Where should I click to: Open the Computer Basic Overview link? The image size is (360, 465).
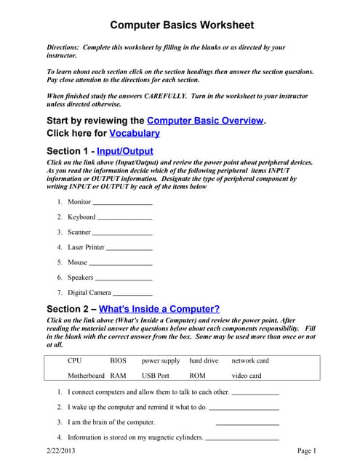205,121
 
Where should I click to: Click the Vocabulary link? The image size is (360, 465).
135,134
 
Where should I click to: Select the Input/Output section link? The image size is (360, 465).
124,151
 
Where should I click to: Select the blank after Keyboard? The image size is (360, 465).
124,218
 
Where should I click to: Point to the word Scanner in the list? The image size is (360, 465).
79,232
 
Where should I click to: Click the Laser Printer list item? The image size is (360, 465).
87,248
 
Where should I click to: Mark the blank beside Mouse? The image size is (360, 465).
121,263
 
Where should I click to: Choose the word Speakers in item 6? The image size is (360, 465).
81,278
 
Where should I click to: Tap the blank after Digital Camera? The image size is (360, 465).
132,293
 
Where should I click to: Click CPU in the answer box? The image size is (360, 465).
75,360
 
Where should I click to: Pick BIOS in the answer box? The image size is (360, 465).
118,360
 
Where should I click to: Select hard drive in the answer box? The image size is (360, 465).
204,360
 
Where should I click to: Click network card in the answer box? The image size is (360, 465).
250,360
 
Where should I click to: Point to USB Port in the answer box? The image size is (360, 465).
156,376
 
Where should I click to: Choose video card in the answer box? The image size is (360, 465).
246,376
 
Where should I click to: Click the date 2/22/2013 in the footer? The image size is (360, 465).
60,452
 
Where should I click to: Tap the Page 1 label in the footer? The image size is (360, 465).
307,452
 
